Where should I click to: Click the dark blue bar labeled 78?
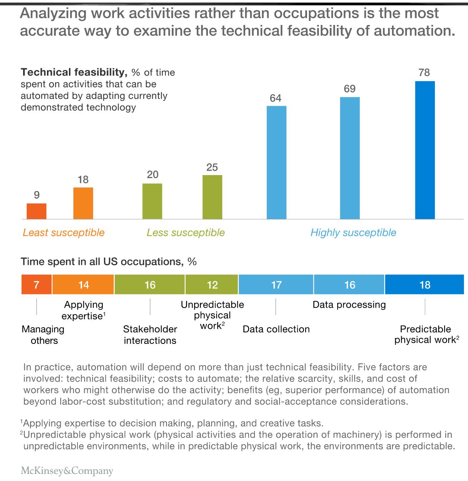(425, 150)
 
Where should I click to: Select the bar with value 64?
(276, 162)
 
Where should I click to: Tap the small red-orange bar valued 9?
(37, 211)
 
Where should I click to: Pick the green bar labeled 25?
(212, 197)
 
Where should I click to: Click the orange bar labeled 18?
(83, 203)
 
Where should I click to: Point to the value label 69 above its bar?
(350, 89)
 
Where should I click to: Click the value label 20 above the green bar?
(152, 175)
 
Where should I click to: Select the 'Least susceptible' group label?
(63, 233)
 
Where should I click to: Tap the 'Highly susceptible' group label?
(353, 233)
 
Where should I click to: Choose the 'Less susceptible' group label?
(186, 233)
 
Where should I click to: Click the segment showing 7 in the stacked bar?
(37, 285)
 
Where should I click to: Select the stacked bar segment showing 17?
(276, 285)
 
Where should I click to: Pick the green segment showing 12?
(212, 285)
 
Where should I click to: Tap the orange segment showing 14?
(83, 285)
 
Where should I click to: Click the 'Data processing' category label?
(349, 305)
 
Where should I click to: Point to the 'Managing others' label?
(43, 335)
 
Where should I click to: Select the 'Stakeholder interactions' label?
(150, 335)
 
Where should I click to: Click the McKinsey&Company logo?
(67, 471)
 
